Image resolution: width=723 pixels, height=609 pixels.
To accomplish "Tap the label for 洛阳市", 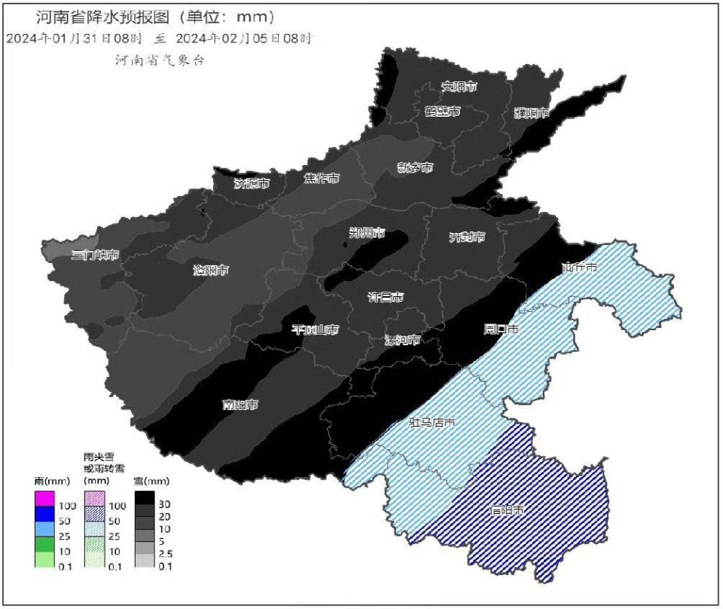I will (x=210, y=270).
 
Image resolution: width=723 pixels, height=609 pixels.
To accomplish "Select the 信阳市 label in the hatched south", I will (x=505, y=510).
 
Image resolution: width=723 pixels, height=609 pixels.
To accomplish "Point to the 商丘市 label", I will (x=579, y=268).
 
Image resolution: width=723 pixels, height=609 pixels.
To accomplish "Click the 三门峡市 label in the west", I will (x=95, y=255).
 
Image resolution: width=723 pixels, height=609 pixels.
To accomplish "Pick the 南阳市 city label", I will (x=240, y=405).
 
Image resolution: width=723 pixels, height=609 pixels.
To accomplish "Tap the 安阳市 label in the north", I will (x=459, y=87).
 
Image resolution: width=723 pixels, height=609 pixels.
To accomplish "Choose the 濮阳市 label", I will (x=532, y=113).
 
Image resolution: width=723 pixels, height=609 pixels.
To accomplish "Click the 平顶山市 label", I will (x=315, y=329).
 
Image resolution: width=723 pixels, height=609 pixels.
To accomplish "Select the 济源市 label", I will (x=252, y=183).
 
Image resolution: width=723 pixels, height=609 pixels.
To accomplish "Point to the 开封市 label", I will (x=467, y=237).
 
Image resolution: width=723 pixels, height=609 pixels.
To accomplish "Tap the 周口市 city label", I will (x=501, y=329).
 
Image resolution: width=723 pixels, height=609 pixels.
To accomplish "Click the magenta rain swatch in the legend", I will (x=44, y=498).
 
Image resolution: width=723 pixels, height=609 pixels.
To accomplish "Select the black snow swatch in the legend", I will (x=145, y=498).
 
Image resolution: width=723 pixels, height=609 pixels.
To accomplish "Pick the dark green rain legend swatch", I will (x=44, y=543).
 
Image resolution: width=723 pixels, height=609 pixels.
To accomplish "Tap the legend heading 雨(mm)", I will (x=50, y=480).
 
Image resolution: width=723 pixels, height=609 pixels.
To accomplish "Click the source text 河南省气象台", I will (x=160, y=60).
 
